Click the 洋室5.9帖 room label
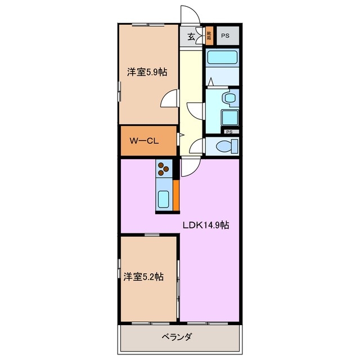coord(146,72)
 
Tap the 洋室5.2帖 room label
coord(143,277)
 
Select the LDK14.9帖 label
coord(205,225)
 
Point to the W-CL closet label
coord(143,141)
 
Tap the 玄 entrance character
coord(191,37)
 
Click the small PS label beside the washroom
coord(229,132)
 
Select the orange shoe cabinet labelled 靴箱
coord(209,37)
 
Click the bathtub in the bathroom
coord(222,57)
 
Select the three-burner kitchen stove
coord(164,168)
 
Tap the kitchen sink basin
coord(164,199)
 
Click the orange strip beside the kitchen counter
coord(176,194)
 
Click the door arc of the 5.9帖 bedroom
coord(168,100)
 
